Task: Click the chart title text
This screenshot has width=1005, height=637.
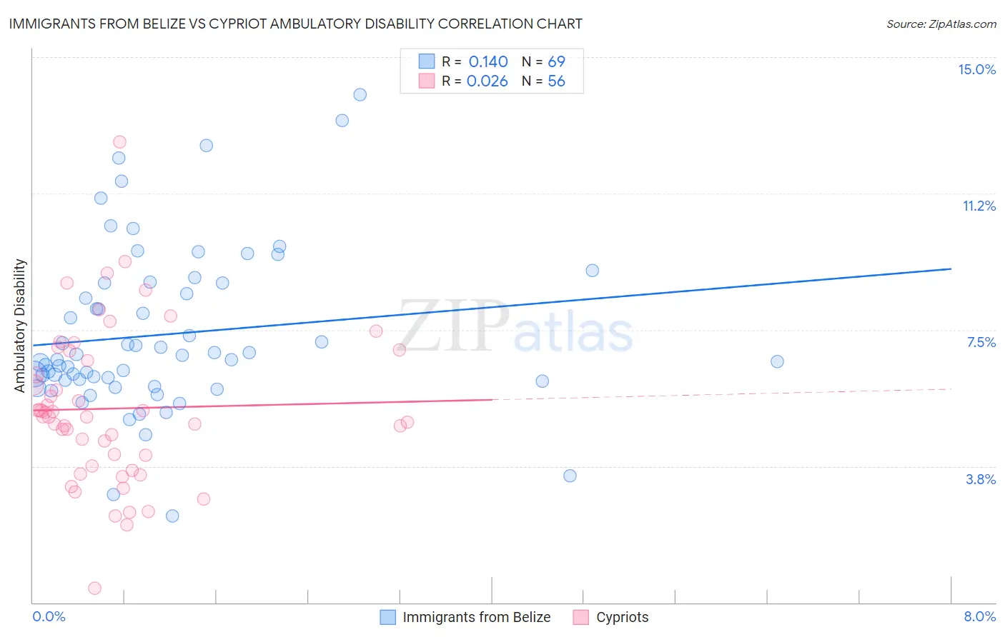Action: pyautogui.click(x=295, y=24)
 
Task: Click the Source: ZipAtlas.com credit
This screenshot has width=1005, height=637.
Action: pyautogui.click(x=941, y=24)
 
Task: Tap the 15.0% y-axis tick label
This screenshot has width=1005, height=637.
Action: pyautogui.click(x=976, y=69)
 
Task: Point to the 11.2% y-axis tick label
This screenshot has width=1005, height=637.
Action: pyautogui.click(x=979, y=206)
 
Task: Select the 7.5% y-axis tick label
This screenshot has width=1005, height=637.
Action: pyautogui.click(x=981, y=342)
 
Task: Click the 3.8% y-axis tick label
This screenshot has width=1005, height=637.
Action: pyautogui.click(x=981, y=479)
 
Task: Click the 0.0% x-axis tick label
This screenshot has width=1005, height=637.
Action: pyautogui.click(x=49, y=616)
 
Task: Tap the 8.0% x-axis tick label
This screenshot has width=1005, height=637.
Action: pyautogui.click(x=979, y=616)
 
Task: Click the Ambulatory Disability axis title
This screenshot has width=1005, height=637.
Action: pyautogui.click(x=20, y=326)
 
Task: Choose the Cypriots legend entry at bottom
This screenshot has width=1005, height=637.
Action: pyautogui.click(x=622, y=617)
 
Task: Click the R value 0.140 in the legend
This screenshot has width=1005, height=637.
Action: pyautogui.click(x=488, y=62)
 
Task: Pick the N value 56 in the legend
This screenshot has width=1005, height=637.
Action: pyautogui.click(x=556, y=81)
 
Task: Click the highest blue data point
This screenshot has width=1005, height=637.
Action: pyautogui.click(x=360, y=95)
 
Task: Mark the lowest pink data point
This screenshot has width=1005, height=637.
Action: pyautogui.click(x=94, y=588)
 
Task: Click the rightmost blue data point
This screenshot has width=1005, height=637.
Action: pyautogui.click(x=777, y=361)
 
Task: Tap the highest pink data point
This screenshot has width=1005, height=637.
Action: pyautogui.click(x=119, y=142)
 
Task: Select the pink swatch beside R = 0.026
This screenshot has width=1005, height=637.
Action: pyautogui.click(x=427, y=81)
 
